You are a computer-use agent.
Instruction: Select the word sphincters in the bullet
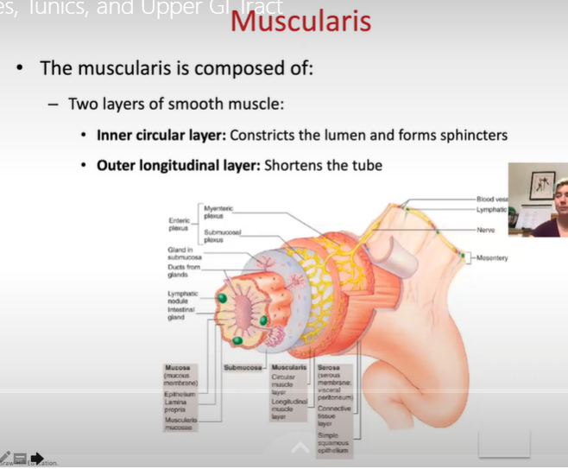pos(472,136)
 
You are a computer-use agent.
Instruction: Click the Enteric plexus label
pos(179,225)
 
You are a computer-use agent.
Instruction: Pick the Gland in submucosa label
pos(182,253)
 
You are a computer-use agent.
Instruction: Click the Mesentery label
pos(491,258)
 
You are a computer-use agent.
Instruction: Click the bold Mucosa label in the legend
pos(177,368)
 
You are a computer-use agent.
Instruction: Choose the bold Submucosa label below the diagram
pos(242,368)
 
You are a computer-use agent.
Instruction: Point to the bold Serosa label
pos(329,368)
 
